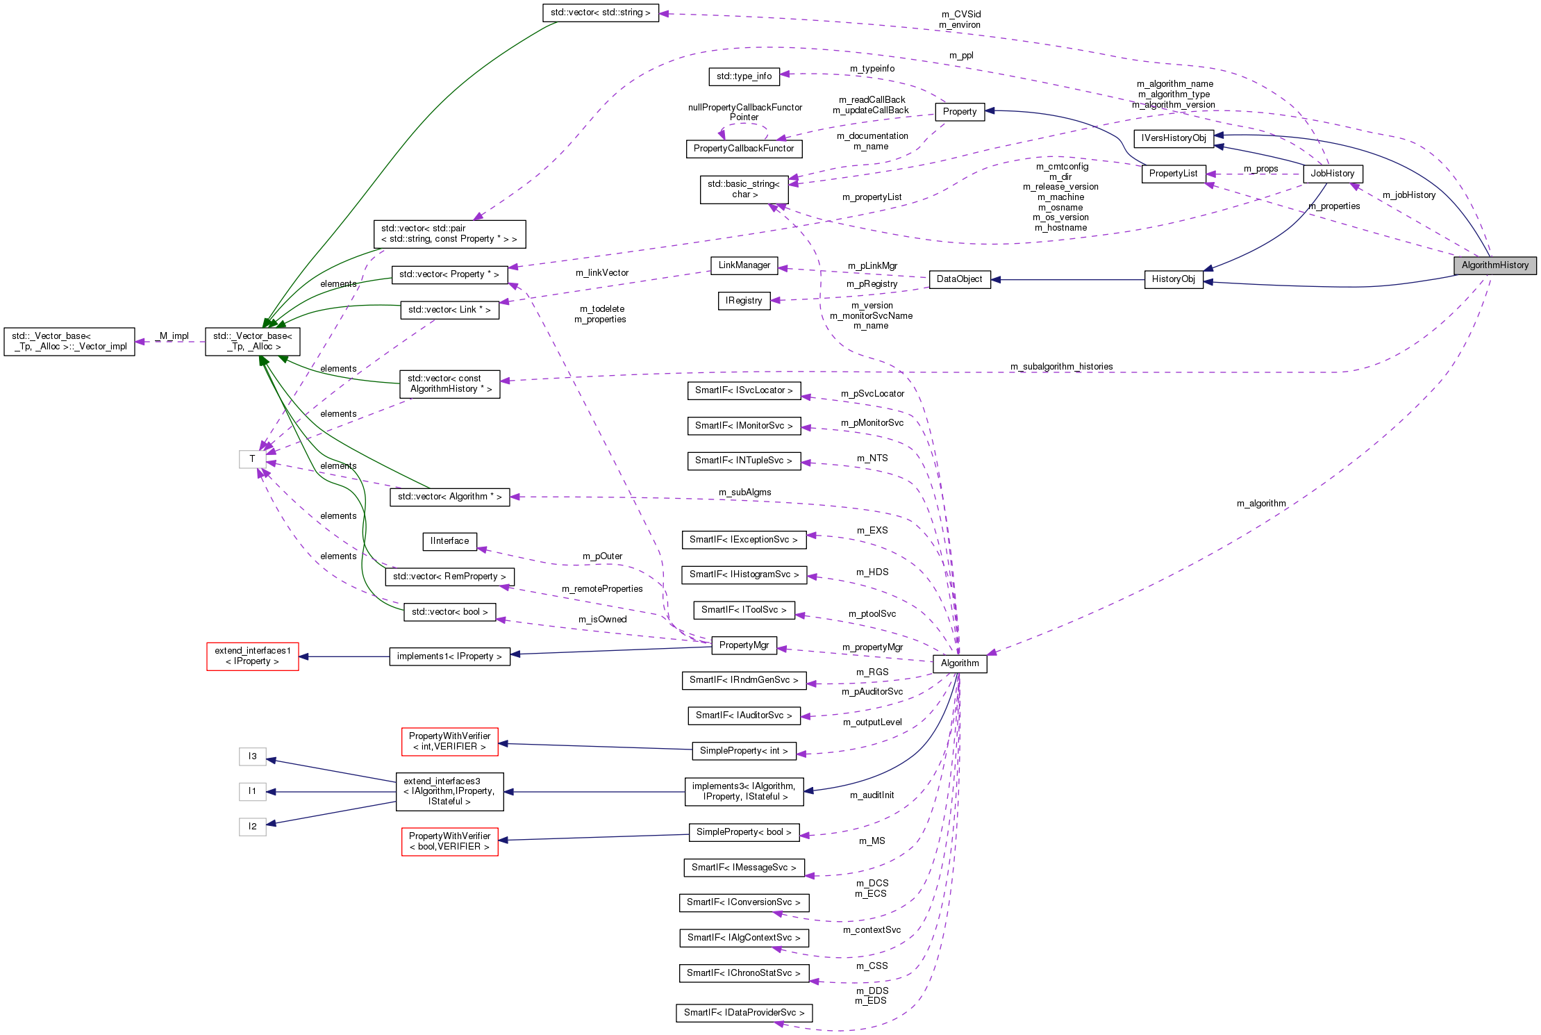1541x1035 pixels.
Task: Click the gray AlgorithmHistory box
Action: [x=1494, y=265]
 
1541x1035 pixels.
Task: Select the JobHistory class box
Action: [x=1332, y=174]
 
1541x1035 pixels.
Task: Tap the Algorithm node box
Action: [x=959, y=663]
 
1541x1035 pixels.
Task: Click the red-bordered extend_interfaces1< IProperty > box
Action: [x=253, y=656]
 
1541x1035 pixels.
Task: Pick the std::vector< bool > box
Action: [x=449, y=612]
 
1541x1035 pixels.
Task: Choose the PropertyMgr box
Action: [x=744, y=645]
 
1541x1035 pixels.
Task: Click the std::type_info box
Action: [x=744, y=76]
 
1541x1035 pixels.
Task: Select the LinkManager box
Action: [x=744, y=265]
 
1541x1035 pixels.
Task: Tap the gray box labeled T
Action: [x=252, y=459]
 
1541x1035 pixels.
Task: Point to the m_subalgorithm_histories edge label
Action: [x=1061, y=367]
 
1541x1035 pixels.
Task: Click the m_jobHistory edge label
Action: [x=1408, y=195]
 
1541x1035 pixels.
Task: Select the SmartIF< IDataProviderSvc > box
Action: [x=744, y=1013]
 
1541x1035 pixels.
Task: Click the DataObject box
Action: [x=959, y=279]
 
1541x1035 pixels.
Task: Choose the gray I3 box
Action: [x=252, y=756]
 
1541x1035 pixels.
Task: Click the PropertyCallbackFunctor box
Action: [x=744, y=149]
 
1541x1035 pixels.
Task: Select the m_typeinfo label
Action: [x=872, y=69]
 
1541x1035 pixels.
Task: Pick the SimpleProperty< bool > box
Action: [x=744, y=832]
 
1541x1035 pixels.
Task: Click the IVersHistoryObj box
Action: [x=1174, y=138]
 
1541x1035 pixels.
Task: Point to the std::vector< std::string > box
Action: [x=600, y=13]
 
